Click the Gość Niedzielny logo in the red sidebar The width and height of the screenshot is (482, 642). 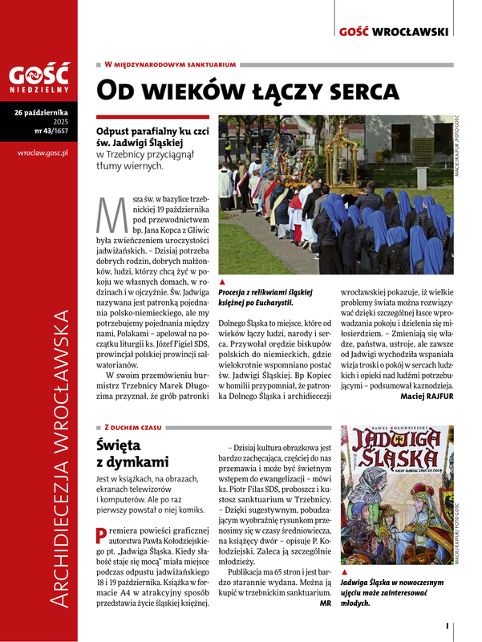click(x=38, y=79)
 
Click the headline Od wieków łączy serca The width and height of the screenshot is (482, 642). click(x=247, y=90)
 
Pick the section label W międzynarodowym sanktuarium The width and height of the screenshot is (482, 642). click(x=169, y=63)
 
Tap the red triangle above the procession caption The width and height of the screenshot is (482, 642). click(x=221, y=282)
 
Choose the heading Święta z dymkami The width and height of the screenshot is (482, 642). click(x=132, y=453)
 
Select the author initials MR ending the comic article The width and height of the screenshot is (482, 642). click(x=325, y=602)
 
